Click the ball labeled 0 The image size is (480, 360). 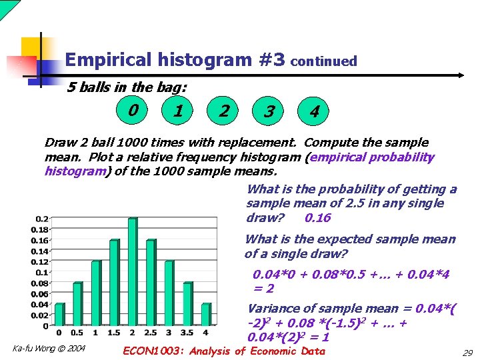[135, 109]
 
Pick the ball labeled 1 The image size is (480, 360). [178, 109]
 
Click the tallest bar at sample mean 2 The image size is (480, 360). [132, 272]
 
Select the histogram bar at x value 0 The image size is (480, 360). [59, 315]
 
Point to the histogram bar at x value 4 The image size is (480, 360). [205, 315]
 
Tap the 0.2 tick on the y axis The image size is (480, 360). [41, 219]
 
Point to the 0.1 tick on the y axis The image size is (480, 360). [41, 272]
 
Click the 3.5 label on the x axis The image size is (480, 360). [187, 333]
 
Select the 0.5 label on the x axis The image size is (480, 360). [77, 333]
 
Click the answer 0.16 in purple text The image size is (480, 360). [317, 218]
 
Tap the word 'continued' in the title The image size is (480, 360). [324, 61]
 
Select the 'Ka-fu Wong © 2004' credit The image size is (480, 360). [49, 348]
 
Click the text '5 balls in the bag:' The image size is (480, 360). [127, 87]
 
